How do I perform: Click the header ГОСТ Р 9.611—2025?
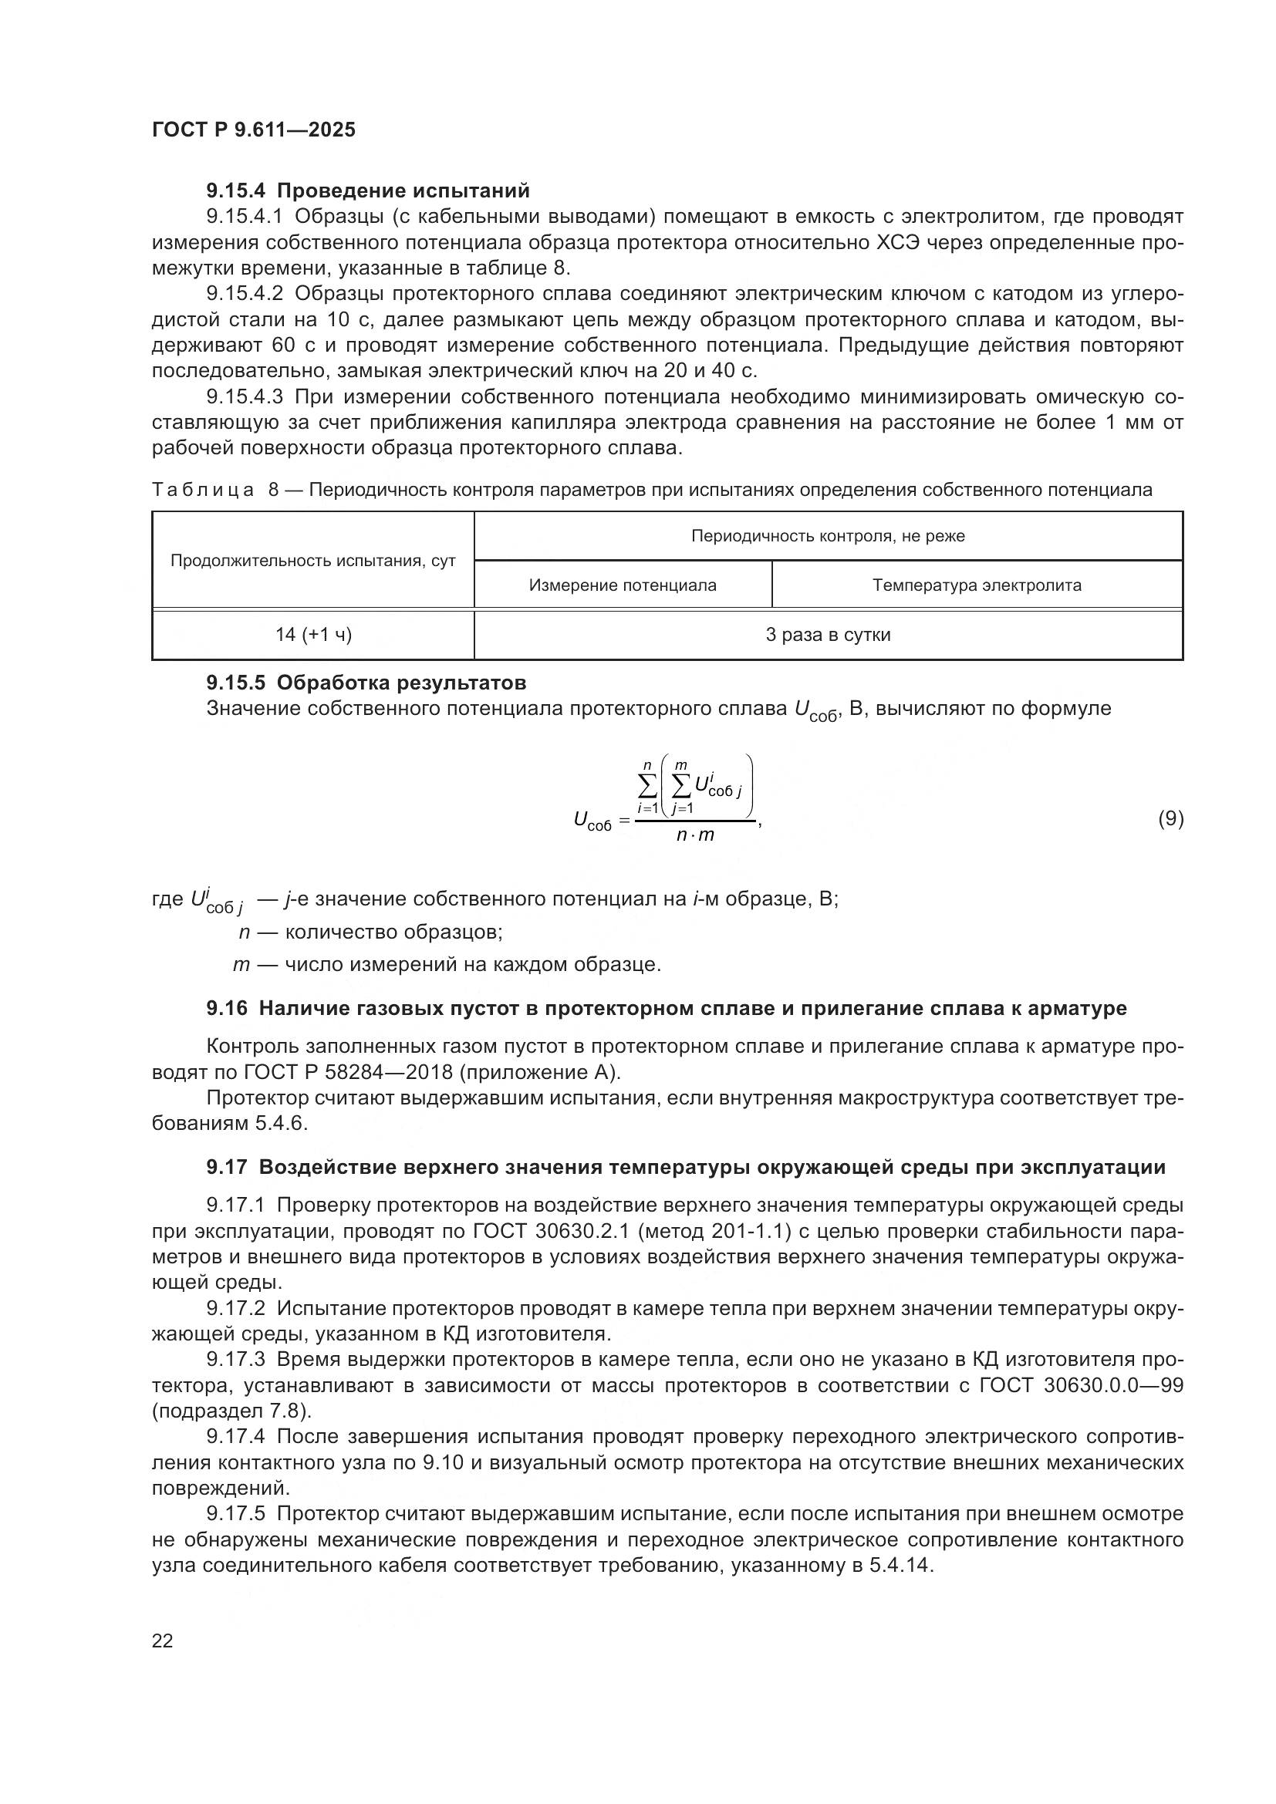click(x=253, y=130)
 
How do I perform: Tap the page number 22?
click(x=163, y=1640)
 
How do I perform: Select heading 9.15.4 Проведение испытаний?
click(x=368, y=191)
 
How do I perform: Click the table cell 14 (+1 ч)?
click(x=313, y=635)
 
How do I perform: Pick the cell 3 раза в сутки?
click(x=828, y=635)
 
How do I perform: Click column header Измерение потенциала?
click(x=623, y=585)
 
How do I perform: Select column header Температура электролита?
click(x=977, y=585)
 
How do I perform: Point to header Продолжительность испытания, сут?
click(x=313, y=561)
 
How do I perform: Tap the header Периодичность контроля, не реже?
click(x=828, y=536)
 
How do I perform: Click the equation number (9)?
click(x=1170, y=819)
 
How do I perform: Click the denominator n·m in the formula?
click(x=695, y=835)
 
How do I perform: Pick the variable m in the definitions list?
click(x=241, y=964)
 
